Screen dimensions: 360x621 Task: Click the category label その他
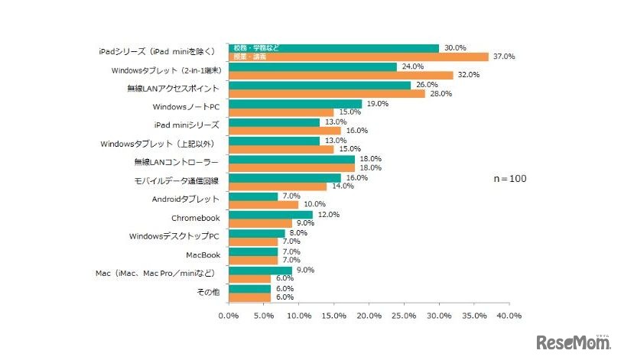coord(208,292)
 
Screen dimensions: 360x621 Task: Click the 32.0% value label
coord(467,75)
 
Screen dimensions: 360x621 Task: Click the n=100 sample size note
coord(509,178)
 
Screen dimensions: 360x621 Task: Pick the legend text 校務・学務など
coord(255,47)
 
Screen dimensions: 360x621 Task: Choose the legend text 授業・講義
coord(250,57)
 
